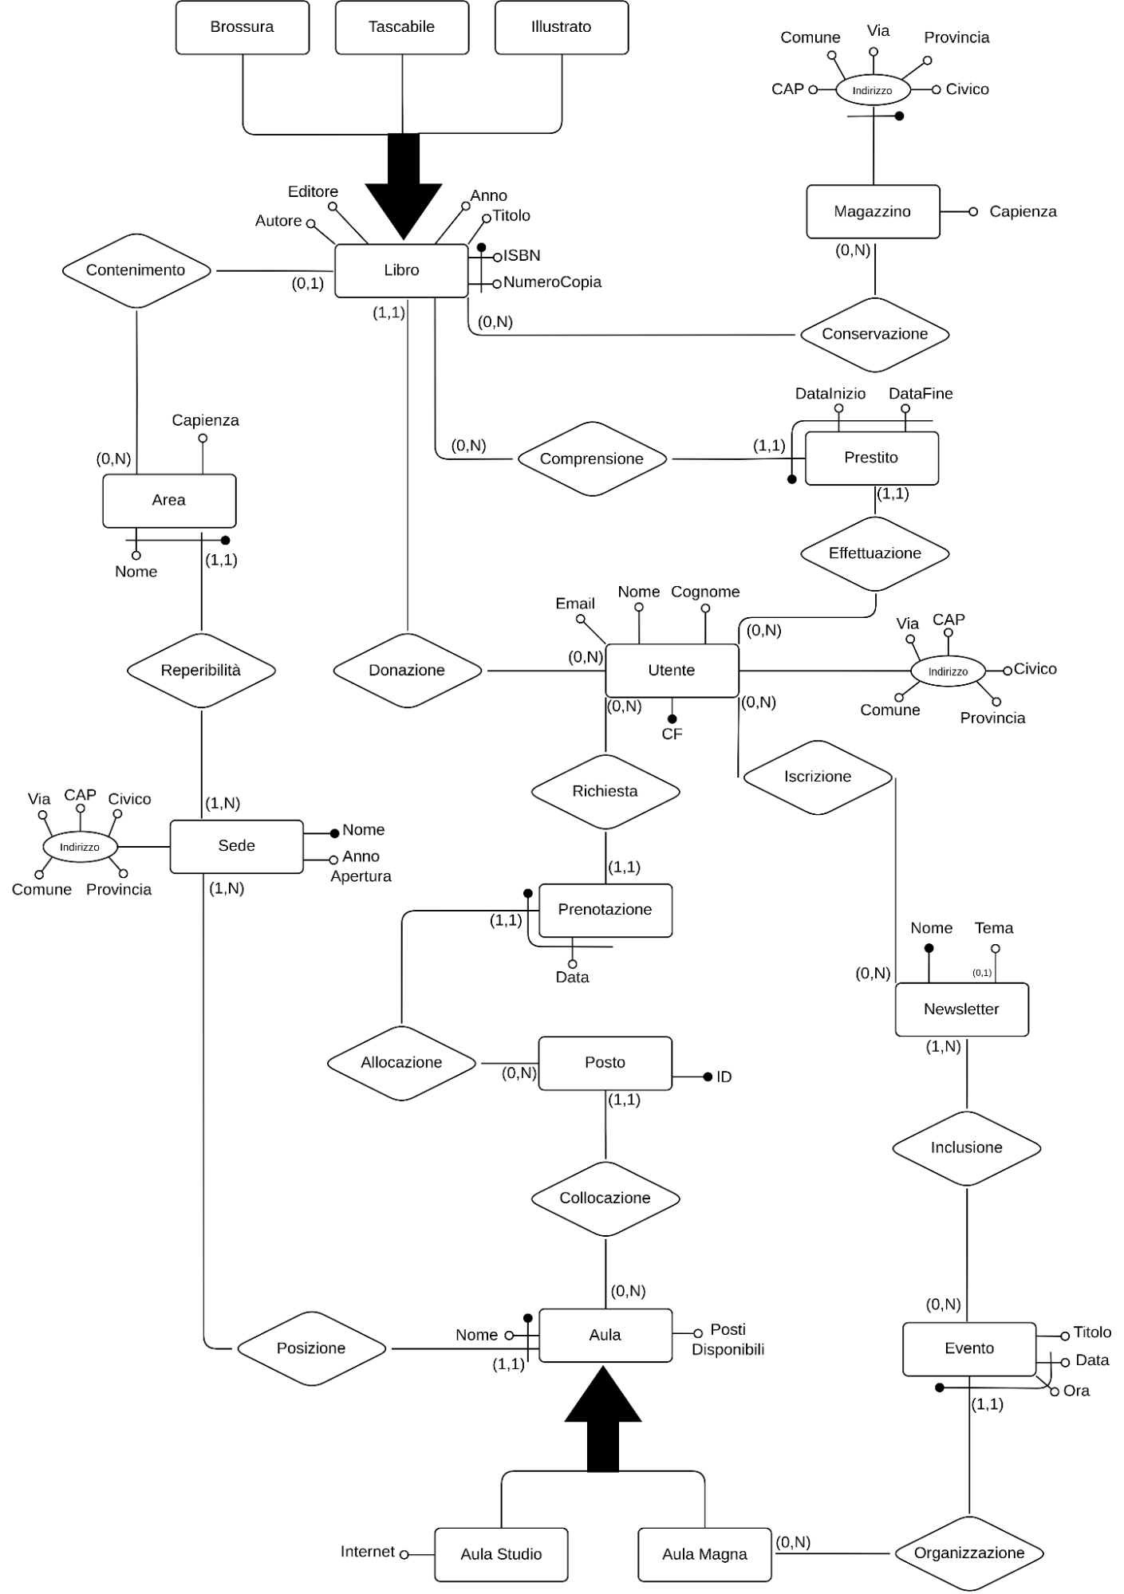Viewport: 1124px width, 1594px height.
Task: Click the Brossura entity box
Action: [x=242, y=27]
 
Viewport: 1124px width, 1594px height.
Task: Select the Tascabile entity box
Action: [x=401, y=27]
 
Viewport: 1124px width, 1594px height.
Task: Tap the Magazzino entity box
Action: [x=873, y=211]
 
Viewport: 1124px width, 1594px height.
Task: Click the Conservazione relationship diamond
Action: [x=874, y=334]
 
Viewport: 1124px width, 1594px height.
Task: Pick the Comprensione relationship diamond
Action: [x=591, y=459]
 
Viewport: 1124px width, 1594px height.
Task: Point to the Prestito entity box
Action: [x=871, y=458]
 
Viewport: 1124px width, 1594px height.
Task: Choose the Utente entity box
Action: [x=672, y=670]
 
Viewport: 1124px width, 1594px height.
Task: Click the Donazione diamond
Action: [x=407, y=670]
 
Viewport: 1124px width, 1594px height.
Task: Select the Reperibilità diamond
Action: [x=201, y=670]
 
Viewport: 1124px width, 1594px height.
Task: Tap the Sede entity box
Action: [x=237, y=846]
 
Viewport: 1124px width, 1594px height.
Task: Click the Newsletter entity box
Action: [x=961, y=1010]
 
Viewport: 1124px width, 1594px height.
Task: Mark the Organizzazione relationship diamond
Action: [x=968, y=1553]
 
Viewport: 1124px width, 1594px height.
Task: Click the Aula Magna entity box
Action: [x=704, y=1554]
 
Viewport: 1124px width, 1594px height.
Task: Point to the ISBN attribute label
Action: [x=522, y=256]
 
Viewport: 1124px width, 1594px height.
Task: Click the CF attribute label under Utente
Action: [x=672, y=734]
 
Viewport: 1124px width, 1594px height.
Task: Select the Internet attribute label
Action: [x=367, y=1552]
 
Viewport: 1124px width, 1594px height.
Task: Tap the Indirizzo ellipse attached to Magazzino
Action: [x=872, y=90]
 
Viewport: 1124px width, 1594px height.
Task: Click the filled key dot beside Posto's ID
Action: [x=708, y=1077]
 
